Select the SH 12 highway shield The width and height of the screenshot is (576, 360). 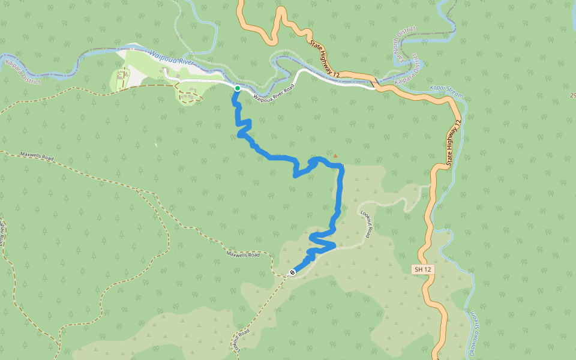[x=423, y=270]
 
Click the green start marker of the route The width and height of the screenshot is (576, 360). [x=238, y=88]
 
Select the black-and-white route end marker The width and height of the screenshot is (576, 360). [x=292, y=272]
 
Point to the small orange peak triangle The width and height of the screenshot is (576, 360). [x=335, y=157]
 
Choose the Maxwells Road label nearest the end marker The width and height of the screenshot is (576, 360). [x=243, y=254]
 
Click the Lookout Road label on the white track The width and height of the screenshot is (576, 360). [x=367, y=221]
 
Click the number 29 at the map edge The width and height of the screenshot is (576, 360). [x=572, y=95]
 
